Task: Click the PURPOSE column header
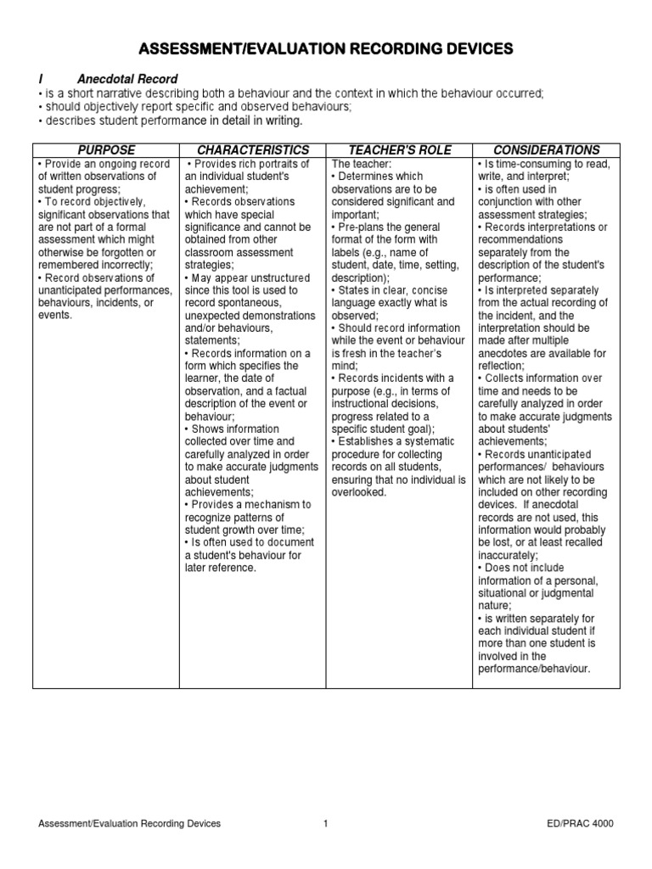106,150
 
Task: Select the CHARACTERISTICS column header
253,150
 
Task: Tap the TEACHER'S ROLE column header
399,150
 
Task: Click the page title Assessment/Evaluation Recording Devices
326,50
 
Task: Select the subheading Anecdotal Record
127,80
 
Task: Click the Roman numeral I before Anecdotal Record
42,80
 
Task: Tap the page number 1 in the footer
325,823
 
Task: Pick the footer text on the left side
130,823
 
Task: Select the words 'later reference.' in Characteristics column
220,567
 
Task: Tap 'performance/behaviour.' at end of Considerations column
533,668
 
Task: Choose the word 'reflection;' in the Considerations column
505,365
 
